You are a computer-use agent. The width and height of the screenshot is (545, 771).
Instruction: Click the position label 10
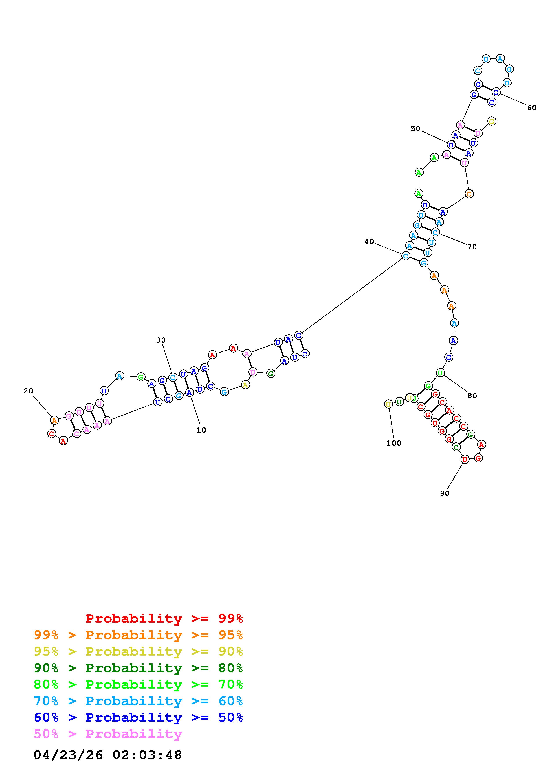tap(201, 430)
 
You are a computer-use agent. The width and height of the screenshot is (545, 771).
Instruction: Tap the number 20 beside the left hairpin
tap(28, 391)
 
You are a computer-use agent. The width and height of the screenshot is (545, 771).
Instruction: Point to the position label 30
tap(161, 340)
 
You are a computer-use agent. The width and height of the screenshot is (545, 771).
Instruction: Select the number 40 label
tap(369, 242)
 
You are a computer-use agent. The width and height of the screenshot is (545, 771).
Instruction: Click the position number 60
tap(532, 107)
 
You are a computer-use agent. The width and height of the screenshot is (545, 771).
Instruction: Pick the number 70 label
tap(472, 247)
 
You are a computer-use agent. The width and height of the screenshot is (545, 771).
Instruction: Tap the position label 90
tap(445, 493)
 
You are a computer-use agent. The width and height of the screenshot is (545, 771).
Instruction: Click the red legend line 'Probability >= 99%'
tap(164, 618)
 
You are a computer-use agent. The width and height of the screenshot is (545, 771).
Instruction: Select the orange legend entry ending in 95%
tap(138, 635)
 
